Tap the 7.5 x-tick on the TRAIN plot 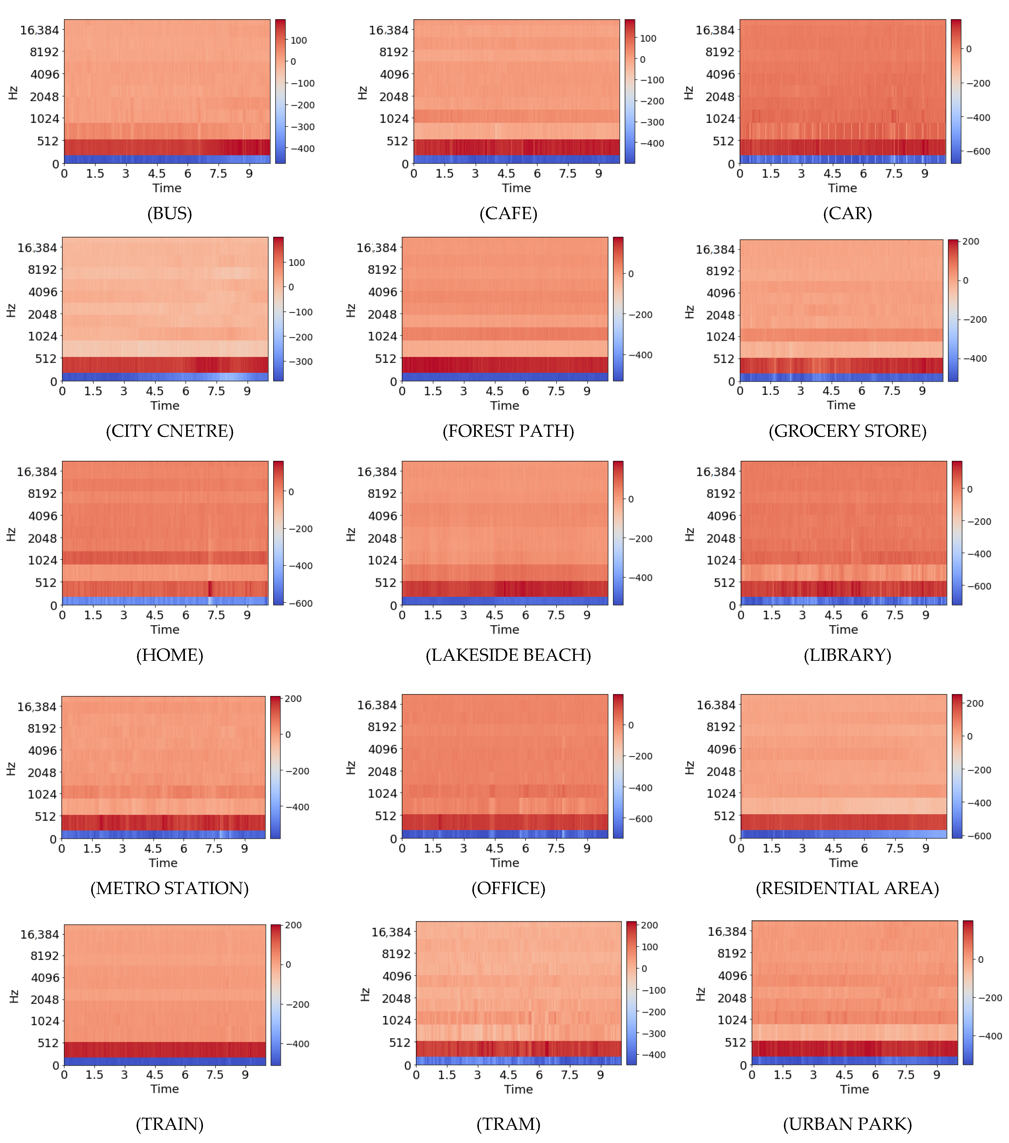coord(215,1075)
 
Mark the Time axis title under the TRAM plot coord(518,1089)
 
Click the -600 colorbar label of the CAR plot coord(978,152)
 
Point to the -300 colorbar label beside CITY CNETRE coord(300,362)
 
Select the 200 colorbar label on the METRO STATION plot coord(293,699)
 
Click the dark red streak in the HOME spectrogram coord(210,589)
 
